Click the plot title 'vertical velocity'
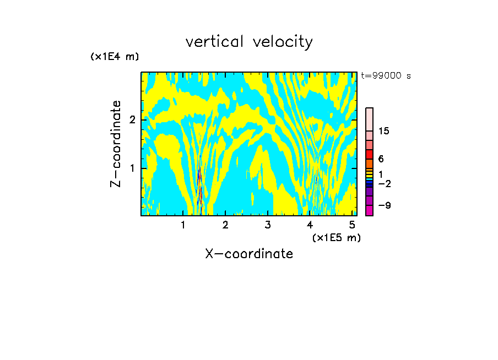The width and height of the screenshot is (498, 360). tap(249, 42)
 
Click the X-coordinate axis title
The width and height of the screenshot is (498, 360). tap(249, 254)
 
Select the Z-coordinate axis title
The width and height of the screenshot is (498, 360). tap(116, 144)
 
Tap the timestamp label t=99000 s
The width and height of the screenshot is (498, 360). tap(386, 76)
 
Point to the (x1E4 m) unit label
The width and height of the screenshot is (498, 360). tap(115, 57)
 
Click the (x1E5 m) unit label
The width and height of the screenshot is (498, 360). tap(336, 237)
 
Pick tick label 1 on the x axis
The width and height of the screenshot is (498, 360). tap(183, 225)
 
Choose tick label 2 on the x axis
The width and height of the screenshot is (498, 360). tap(225, 225)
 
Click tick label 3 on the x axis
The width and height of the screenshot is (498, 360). tap(267, 225)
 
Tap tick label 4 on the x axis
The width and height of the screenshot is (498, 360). tap(310, 225)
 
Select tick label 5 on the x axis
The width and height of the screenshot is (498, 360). tap(351, 225)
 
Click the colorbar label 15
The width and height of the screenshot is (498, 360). tap(385, 131)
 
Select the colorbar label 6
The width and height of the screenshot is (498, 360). tap(381, 159)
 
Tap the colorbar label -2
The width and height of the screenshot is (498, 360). tap(384, 184)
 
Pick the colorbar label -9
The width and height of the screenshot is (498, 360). tap(384, 206)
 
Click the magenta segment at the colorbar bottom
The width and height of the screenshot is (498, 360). tap(369, 210)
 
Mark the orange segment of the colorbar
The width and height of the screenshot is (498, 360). tap(369, 163)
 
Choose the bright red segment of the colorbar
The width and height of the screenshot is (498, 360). tap(369, 154)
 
